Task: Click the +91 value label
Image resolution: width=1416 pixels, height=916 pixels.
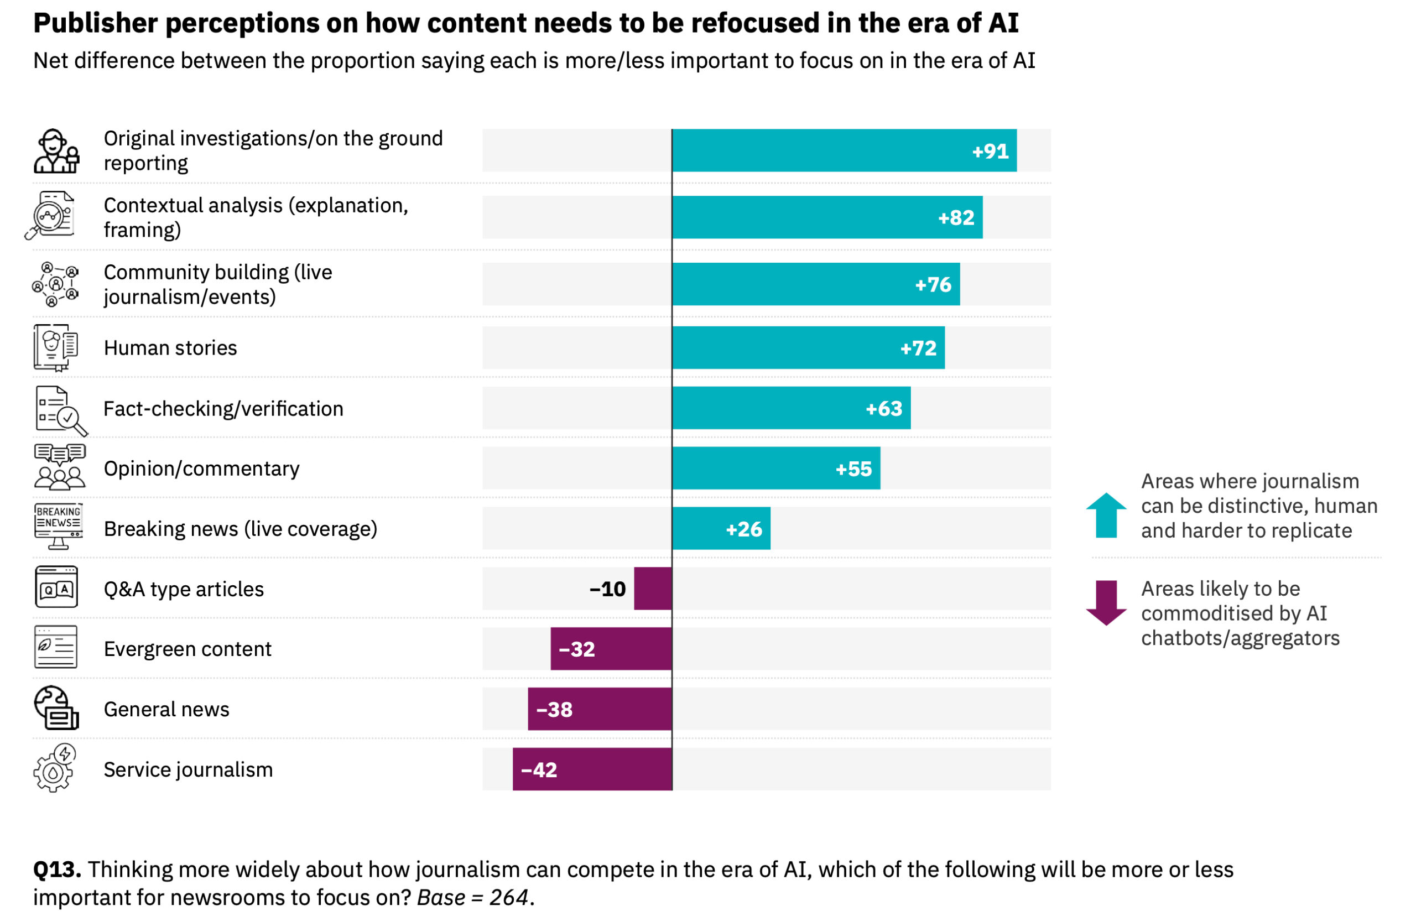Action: [990, 152]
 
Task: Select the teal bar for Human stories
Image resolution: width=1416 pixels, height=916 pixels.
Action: [808, 348]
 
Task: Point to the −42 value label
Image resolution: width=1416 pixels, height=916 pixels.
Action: [539, 769]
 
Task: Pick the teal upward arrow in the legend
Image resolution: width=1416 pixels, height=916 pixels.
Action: [1106, 515]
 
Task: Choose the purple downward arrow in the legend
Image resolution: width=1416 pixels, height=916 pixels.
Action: [1106, 602]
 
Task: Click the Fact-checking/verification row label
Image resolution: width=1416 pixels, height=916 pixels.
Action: [223, 409]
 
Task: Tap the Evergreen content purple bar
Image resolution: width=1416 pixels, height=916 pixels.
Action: [611, 648]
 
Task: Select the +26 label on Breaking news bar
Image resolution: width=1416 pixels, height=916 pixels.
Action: [743, 529]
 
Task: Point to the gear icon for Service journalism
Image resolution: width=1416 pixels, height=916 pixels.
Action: [54, 768]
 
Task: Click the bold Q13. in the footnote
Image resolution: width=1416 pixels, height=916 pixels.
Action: [57, 870]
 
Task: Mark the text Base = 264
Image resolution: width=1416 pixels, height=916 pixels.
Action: [472, 897]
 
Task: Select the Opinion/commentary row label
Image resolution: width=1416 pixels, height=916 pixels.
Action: [201, 469]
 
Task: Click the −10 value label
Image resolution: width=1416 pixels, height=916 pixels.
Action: [607, 589]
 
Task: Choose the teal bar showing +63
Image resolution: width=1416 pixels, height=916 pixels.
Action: [791, 408]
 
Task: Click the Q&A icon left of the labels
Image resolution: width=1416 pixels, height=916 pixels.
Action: [56, 587]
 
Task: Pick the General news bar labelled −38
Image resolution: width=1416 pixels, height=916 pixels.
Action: [600, 709]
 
